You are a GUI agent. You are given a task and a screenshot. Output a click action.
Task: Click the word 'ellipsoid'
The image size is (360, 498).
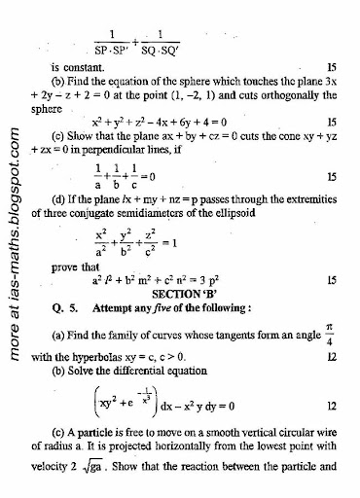point(307,226)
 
